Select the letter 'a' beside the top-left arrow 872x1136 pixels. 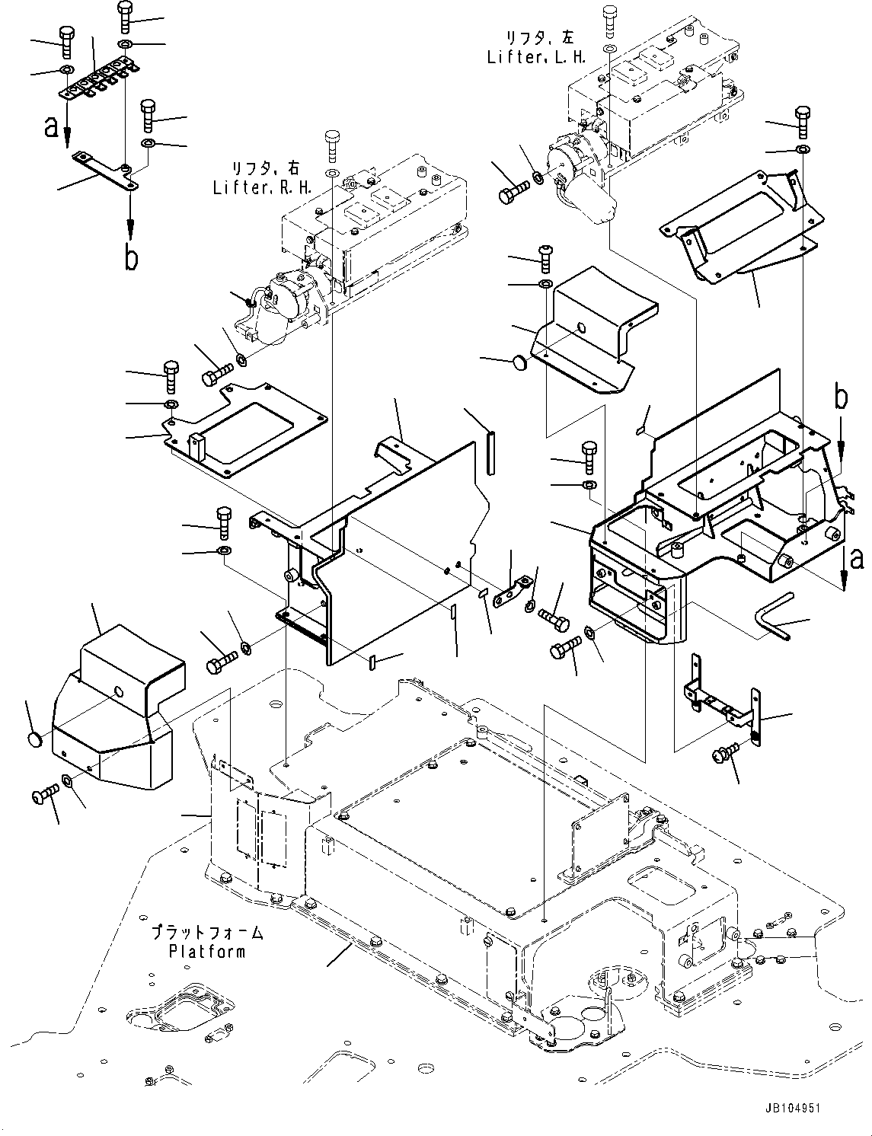(x=51, y=126)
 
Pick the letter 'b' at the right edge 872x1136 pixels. (x=840, y=397)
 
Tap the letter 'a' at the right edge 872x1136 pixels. (x=857, y=560)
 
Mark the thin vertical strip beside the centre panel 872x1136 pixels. (x=490, y=453)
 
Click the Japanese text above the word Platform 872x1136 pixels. (x=206, y=932)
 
